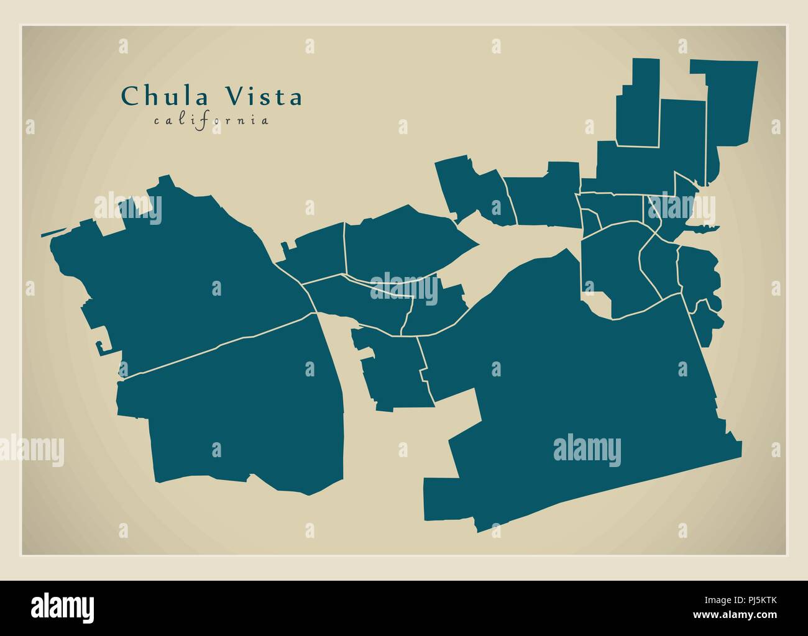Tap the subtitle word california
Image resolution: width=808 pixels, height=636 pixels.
pos(211,120)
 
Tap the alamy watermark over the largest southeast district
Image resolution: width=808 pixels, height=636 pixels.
pos(586,449)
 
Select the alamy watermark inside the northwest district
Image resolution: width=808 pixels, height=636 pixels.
pos(128,209)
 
